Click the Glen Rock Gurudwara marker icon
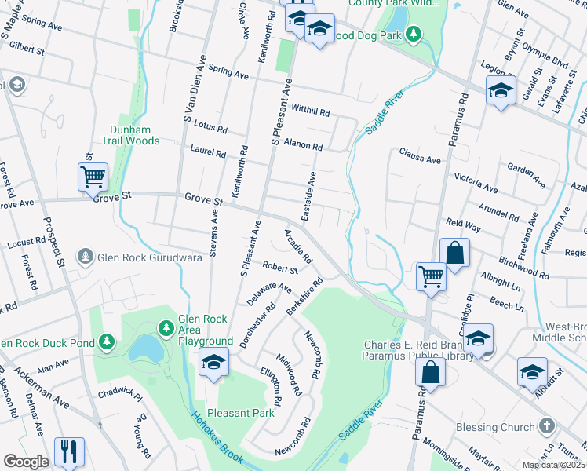point(85,256)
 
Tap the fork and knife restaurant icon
point(69,451)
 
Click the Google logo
point(26,462)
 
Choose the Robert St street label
point(280,269)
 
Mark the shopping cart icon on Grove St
point(93,177)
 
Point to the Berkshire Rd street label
point(305,296)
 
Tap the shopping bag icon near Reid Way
point(455,254)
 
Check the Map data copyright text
point(552,465)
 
